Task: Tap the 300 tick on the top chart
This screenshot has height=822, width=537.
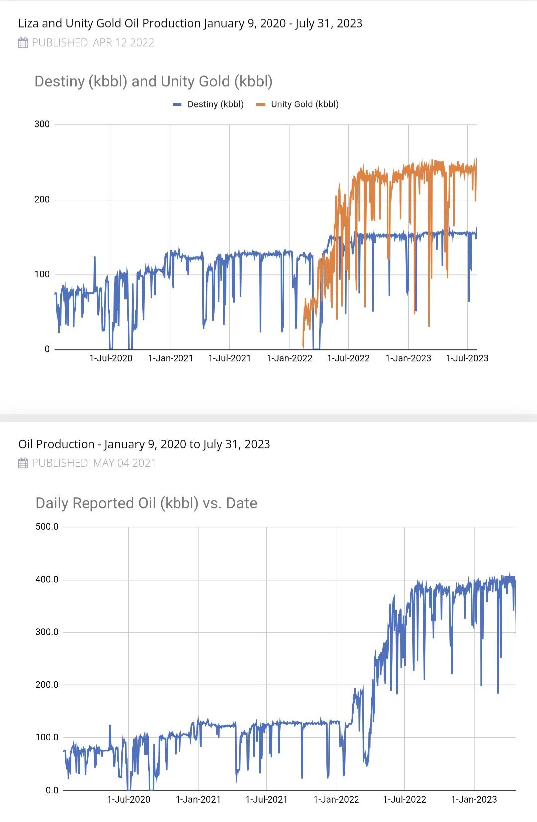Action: point(42,124)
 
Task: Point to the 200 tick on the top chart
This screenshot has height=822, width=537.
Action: point(42,200)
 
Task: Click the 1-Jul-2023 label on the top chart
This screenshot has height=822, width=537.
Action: point(467,358)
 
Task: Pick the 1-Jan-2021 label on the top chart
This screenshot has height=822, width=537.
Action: point(171,358)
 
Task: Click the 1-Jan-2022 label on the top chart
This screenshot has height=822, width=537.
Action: point(289,358)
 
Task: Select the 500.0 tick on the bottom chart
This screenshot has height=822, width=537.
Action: point(47,527)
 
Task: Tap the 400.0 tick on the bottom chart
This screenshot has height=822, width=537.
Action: point(47,580)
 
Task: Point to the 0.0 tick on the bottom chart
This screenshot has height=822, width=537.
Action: point(52,790)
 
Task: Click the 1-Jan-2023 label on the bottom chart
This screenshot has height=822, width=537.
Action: point(474,800)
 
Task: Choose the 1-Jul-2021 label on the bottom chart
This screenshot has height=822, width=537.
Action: point(267,800)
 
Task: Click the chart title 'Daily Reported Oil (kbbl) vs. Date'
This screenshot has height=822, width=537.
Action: point(146,503)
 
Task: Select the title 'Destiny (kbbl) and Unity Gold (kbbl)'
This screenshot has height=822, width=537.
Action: point(154,82)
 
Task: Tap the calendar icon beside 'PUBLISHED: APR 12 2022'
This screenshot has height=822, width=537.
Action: point(23,43)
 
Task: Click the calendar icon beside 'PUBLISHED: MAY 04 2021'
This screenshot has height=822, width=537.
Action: point(23,463)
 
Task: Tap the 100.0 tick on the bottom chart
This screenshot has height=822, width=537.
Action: point(47,737)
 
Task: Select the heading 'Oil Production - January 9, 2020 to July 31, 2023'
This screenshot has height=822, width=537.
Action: point(144,444)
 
